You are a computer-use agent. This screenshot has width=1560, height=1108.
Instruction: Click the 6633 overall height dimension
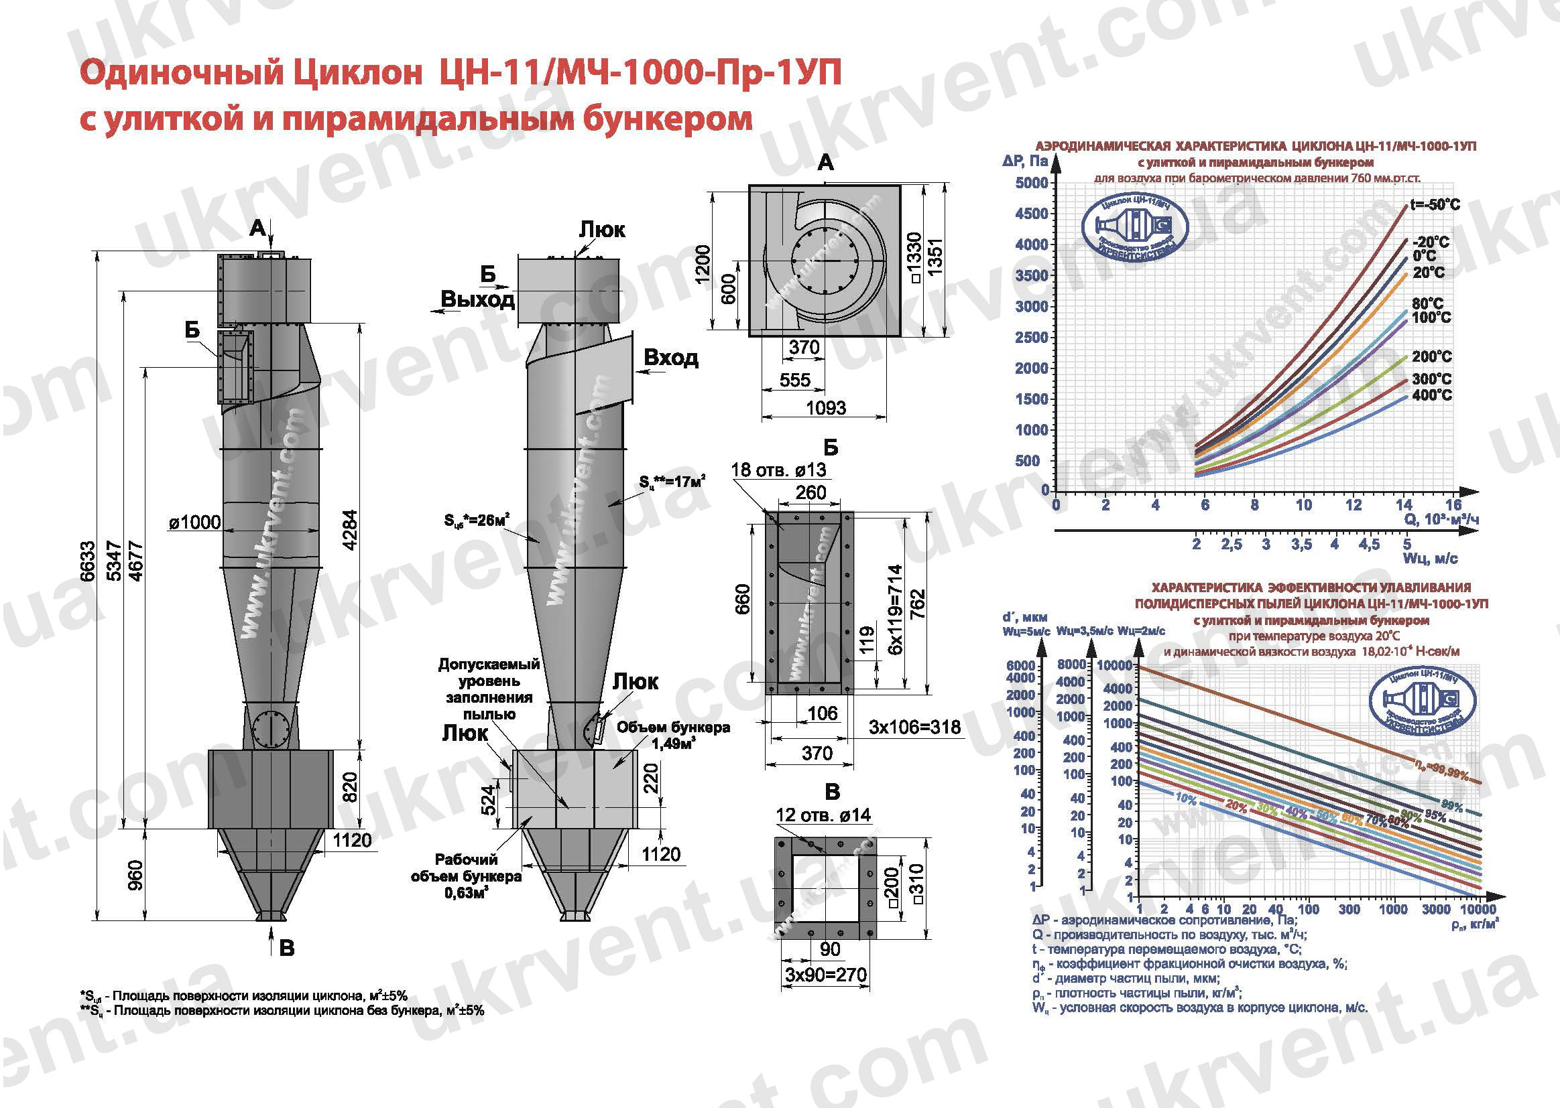pos(87,561)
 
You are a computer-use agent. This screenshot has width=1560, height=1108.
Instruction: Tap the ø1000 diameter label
pos(195,523)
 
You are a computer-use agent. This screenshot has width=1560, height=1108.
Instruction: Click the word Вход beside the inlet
pos(671,358)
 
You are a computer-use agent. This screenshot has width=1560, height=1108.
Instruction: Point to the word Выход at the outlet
pos(477,299)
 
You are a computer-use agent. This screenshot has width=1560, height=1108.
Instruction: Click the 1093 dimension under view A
pos(825,408)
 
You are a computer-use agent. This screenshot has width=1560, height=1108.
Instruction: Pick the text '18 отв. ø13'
pos(778,470)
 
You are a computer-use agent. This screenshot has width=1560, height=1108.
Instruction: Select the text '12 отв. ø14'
pos(823,815)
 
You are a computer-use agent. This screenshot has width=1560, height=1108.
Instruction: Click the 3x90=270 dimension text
pos(825,974)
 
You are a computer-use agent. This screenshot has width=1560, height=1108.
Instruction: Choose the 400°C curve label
pos(1432,396)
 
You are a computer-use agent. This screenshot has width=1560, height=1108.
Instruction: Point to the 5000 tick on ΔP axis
pos(1032,183)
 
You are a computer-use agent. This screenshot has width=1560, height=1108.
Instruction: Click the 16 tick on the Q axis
pos(1453,505)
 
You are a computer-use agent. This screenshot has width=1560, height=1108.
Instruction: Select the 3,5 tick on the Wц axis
pos(1301,545)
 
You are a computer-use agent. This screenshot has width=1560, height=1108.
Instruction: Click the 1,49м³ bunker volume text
pos(673,744)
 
